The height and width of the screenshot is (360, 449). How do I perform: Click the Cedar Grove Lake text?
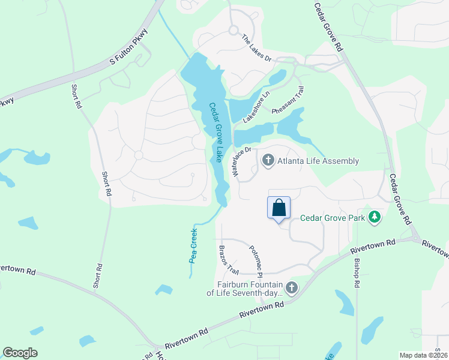coord(214,132)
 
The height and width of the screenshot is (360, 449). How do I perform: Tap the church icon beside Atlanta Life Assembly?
coord(268,161)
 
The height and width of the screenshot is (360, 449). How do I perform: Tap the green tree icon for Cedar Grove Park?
coord(375,216)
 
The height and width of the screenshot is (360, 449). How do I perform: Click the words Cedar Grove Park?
coord(333,218)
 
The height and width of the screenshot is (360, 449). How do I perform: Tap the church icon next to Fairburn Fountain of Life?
coord(292,288)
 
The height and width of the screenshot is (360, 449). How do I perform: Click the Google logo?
coord(20,353)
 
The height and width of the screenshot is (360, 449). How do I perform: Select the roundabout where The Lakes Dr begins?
coord(233,31)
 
